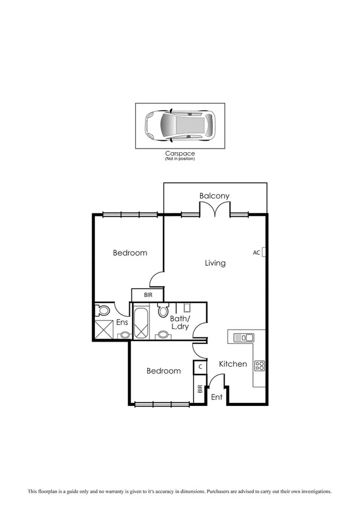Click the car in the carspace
click(x=179, y=126)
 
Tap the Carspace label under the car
click(x=180, y=154)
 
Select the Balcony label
click(x=215, y=196)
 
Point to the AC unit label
click(x=257, y=253)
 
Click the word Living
click(x=215, y=263)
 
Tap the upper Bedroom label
click(x=130, y=253)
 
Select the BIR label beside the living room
click(x=148, y=295)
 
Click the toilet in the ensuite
click(x=102, y=311)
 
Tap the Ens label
click(x=122, y=322)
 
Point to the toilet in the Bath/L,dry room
click(x=162, y=311)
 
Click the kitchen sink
click(x=243, y=337)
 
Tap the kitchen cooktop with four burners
click(x=260, y=365)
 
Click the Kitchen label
click(x=233, y=364)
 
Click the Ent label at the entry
click(x=217, y=397)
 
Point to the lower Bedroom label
click(x=163, y=371)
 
